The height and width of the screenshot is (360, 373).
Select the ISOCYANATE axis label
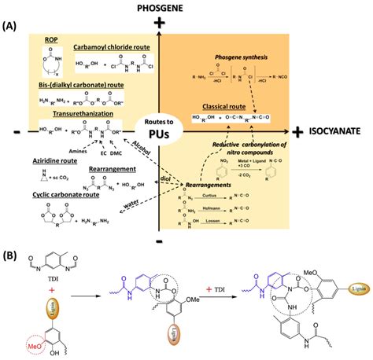coord(338,132)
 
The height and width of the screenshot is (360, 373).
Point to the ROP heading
coord(54,37)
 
